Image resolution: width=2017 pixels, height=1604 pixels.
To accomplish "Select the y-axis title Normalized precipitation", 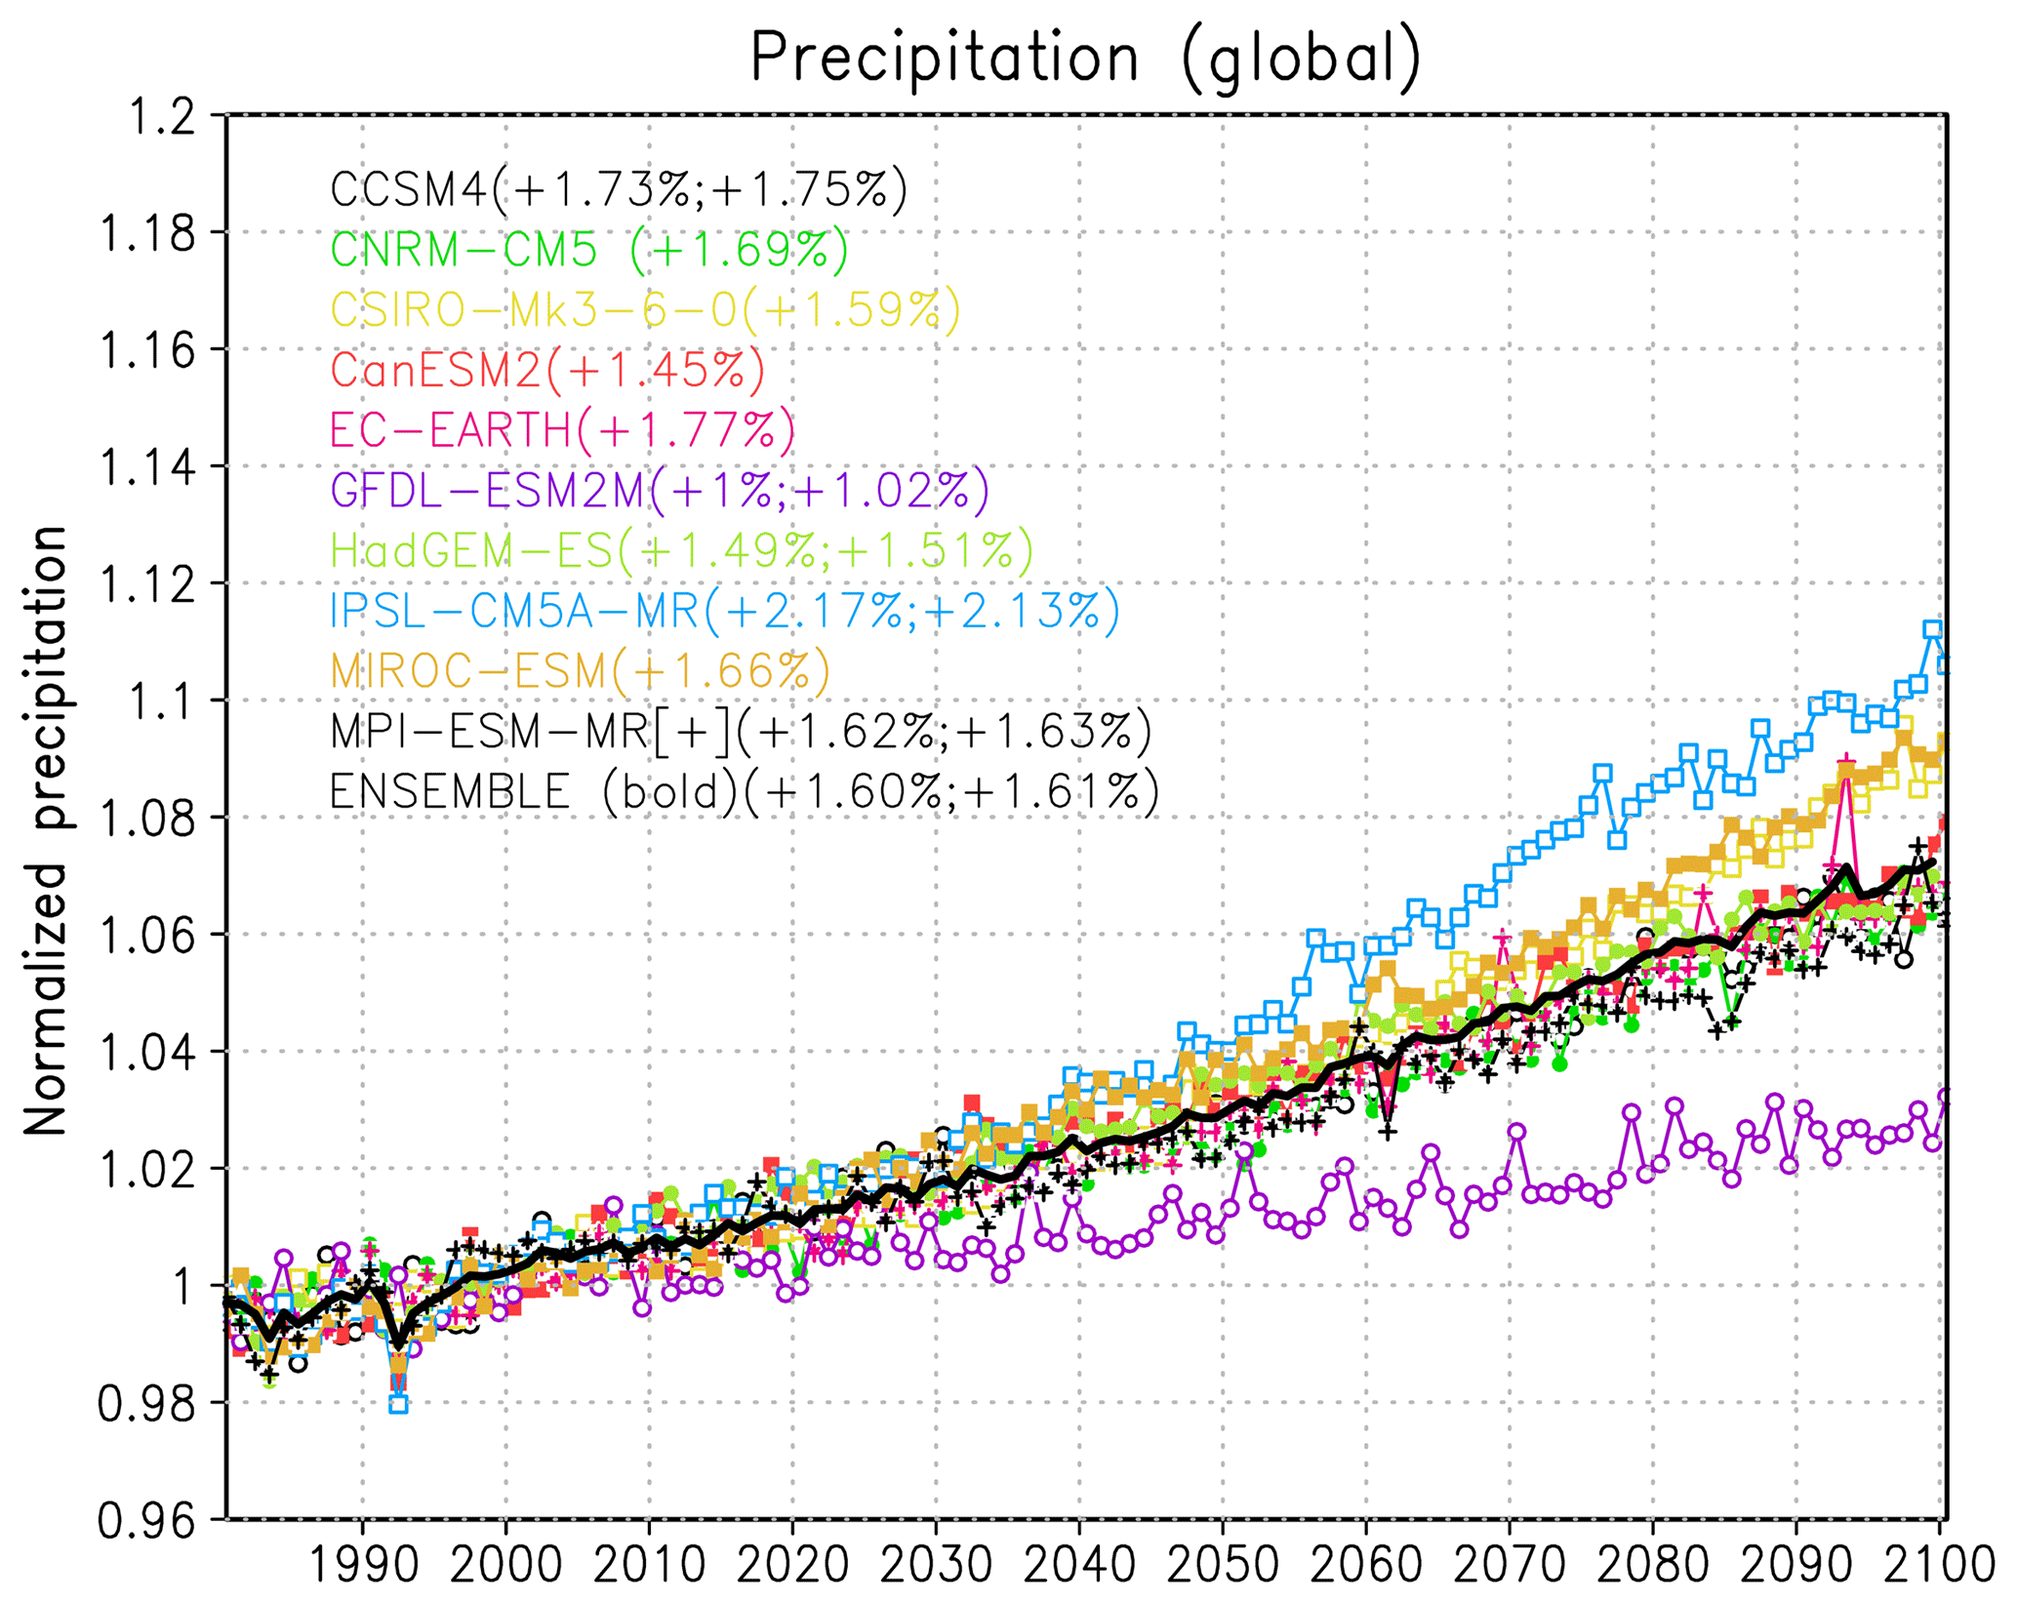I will tap(45, 830).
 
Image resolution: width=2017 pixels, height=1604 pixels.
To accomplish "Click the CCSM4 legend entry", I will tap(619, 189).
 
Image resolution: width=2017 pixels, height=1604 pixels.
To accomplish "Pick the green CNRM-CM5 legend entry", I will tap(589, 250).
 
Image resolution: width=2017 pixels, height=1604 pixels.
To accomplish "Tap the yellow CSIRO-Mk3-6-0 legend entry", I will tap(645, 309).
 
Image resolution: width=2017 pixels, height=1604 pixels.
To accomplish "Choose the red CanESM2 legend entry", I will tap(547, 370).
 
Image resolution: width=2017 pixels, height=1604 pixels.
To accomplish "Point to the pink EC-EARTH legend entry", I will tap(563, 430).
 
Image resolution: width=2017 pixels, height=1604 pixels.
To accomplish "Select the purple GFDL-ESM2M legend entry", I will tap(660, 490).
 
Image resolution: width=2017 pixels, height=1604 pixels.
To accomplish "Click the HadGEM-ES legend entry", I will tap(681, 550).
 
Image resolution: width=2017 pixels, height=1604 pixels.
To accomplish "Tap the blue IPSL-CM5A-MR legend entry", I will tap(725, 611).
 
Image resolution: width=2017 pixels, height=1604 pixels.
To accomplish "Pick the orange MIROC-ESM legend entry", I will tap(581, 671).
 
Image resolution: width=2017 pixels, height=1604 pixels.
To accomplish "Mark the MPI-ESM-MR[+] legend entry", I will tap(741, 731).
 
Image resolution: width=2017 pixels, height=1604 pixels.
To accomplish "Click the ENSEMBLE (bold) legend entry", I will tap(745, 791).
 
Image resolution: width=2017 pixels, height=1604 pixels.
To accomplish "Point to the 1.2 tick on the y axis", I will tap(162, 117).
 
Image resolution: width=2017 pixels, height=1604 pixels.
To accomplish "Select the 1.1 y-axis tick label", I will tap(162, 702).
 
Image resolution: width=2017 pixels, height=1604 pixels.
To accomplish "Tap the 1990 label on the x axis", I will tap(363, 1567).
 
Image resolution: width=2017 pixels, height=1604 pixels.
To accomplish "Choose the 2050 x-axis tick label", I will tap(1223, 1567).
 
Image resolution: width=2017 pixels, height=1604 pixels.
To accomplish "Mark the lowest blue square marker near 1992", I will tap(398, 1404).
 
